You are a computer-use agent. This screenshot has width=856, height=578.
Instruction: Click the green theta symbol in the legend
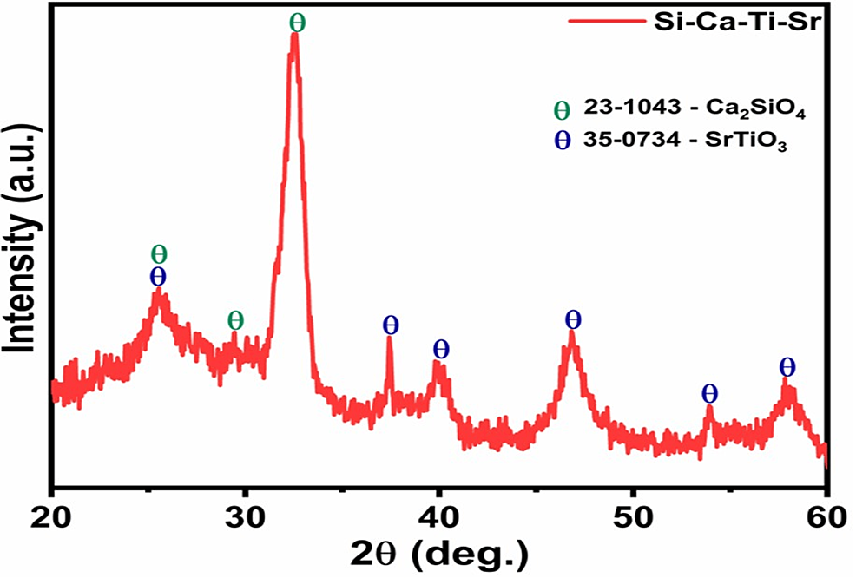563,110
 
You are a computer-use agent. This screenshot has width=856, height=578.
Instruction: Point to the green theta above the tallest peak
297,22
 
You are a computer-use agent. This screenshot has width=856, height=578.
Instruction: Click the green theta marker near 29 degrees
235,320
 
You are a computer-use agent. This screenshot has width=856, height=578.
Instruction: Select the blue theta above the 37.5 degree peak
391,325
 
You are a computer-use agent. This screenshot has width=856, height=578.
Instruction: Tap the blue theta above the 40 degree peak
441,349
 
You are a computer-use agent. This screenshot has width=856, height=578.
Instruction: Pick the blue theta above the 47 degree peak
572,319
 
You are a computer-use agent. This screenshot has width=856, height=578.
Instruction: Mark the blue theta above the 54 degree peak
709,392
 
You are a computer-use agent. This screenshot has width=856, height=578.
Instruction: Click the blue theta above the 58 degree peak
787,365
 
